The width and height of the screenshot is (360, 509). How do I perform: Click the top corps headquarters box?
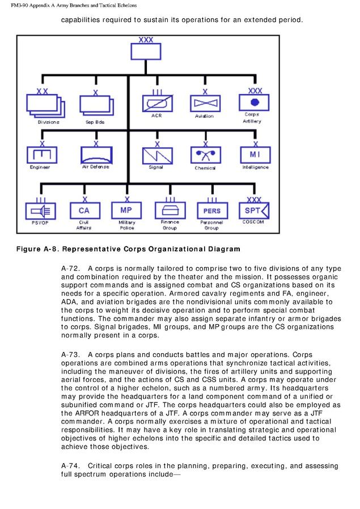(146, 52)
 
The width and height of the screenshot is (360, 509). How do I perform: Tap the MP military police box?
(126, 210)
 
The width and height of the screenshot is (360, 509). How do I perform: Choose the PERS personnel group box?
(211, 211)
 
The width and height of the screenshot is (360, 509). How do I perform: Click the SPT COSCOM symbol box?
(253, 210)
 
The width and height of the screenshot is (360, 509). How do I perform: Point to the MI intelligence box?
(255, 154)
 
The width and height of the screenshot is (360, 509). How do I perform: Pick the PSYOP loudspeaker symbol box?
(40, 211)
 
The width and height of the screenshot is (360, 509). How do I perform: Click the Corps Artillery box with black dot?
(254, 103)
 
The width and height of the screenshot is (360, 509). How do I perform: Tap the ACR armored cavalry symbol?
(157, 103)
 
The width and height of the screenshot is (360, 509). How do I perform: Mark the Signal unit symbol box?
(156, 155)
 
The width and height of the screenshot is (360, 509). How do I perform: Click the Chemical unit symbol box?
(205, 155)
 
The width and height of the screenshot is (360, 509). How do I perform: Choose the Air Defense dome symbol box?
(96, 154)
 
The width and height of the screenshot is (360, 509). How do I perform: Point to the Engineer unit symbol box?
(41, 155)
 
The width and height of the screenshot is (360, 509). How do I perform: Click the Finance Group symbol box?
(170, 211)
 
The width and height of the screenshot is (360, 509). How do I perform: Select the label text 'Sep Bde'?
(95, 122)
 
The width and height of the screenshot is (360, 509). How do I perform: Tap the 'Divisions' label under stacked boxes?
(48, 122)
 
